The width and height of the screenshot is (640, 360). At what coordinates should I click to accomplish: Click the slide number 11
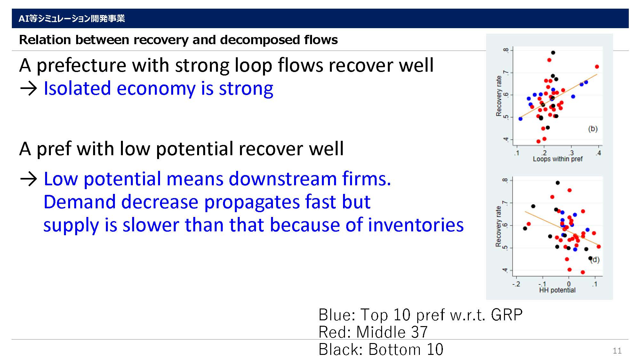[x=617, y=351]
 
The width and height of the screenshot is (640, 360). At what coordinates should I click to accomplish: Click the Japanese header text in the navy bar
[x=72, y=19]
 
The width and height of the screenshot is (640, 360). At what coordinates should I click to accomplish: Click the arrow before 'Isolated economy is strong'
[x=29, y=89]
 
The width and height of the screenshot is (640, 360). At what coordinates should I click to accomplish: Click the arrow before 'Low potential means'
[x=29, y=179]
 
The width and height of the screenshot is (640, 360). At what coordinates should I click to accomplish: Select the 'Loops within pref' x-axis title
[x=557, y=159]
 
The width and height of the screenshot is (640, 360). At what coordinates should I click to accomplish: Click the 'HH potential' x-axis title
[x=557, y=290]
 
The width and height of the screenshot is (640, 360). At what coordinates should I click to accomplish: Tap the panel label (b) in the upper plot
[x=593, y=129]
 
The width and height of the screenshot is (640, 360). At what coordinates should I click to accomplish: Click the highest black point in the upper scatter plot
[x=553, y=53]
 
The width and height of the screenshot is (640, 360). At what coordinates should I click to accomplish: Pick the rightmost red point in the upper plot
[x=597, y=67]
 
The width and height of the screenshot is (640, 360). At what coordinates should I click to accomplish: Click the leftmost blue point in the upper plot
[x=520, y=119]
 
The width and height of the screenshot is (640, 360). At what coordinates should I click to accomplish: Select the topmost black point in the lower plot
[x=557, y=183]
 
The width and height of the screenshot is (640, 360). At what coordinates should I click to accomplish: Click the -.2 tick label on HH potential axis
[x=516, y=284]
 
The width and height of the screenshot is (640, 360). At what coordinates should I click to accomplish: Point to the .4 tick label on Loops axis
[x=598, y=153]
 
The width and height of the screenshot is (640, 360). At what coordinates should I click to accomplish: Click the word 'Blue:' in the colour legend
[x=337, y=315]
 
